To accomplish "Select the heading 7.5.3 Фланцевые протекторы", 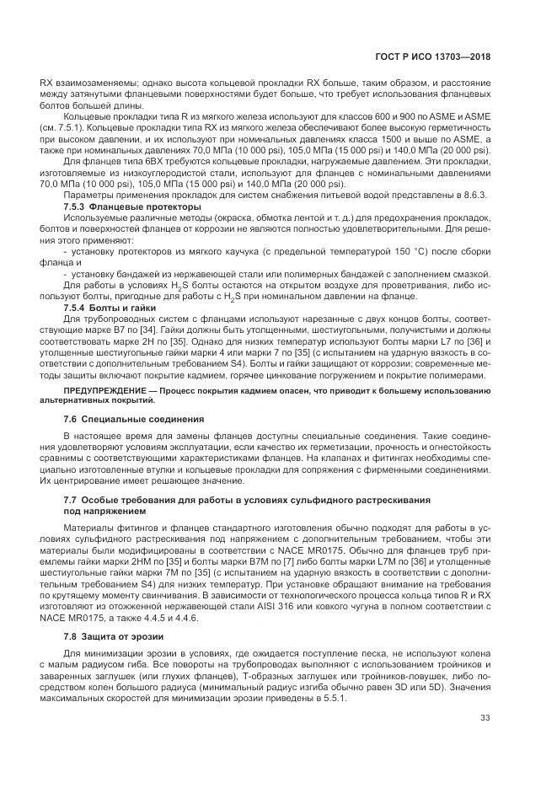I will [132, 206].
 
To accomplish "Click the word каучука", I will [233, 250].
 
